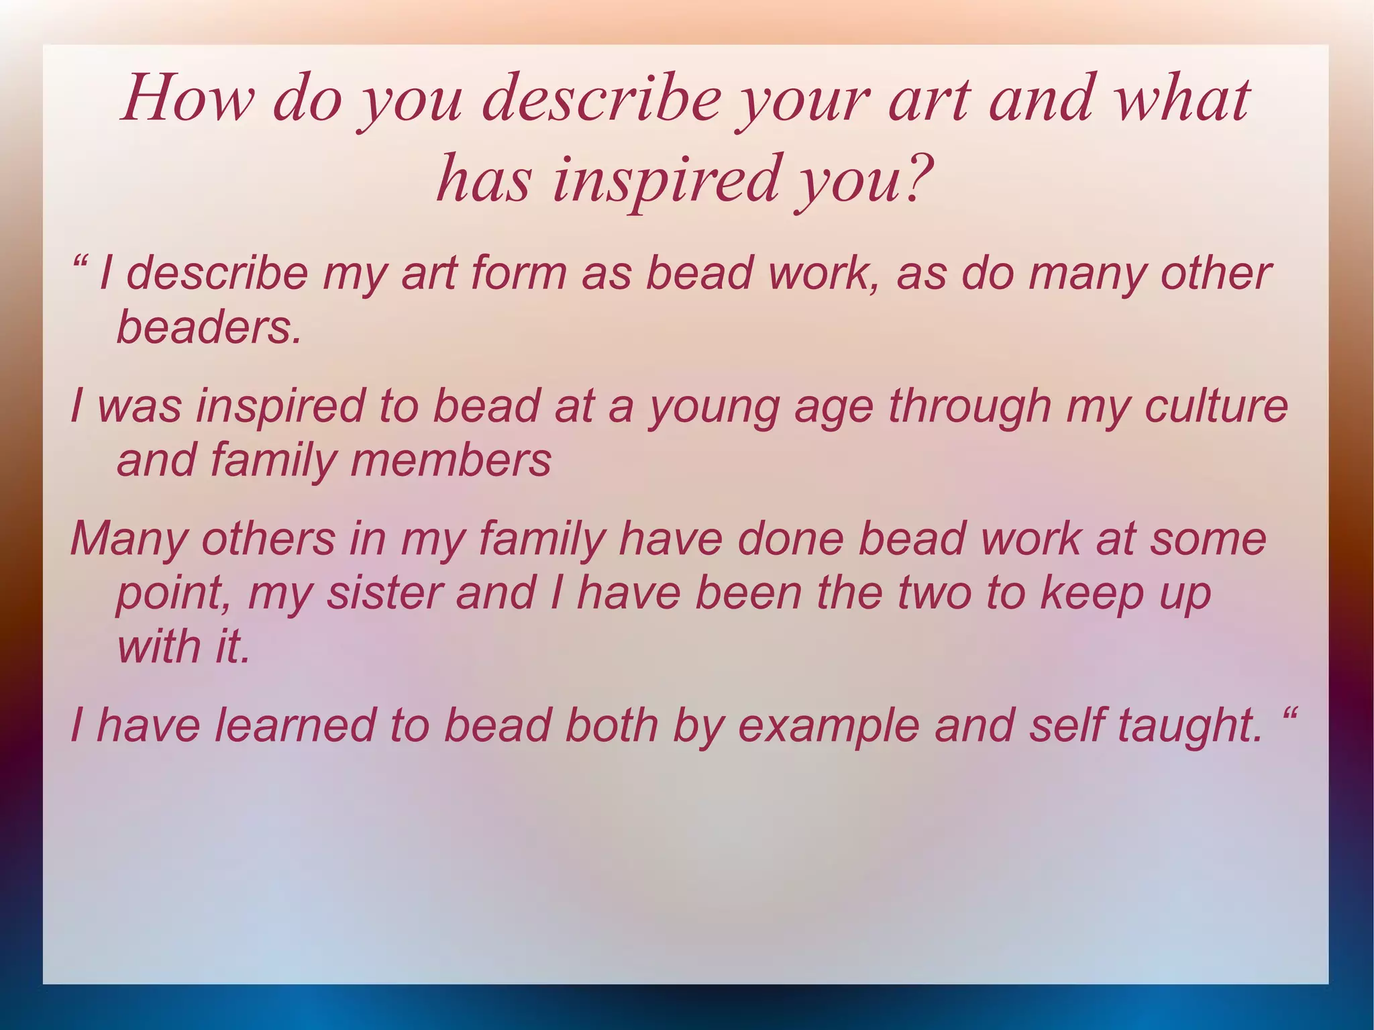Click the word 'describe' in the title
[601, 99]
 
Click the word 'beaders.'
[209, 327]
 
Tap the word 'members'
[450, 461]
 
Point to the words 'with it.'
[183, 647]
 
